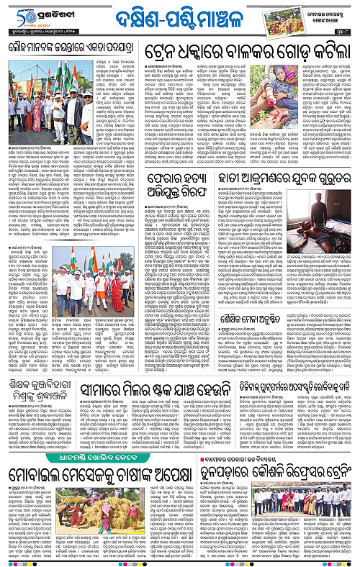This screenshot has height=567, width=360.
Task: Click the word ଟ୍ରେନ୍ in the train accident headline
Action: click(159, 50)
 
